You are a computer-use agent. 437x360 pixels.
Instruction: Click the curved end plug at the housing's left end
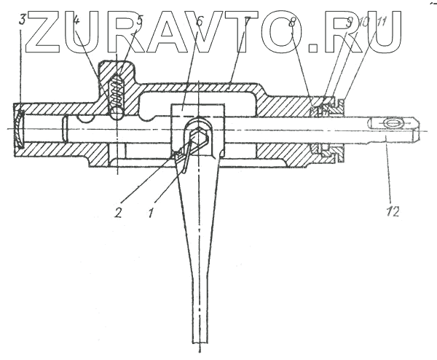pyautogui.click(x=21, y=127)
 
